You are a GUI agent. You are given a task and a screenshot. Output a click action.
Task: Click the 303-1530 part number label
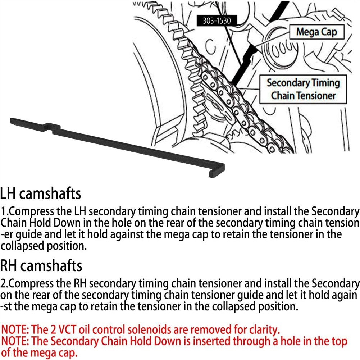point(217,20)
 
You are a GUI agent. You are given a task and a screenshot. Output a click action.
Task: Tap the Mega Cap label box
point(317,32)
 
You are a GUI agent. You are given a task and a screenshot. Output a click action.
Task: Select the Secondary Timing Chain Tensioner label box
point(303,89)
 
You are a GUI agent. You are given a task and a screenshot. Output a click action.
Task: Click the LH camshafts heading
point(40,193)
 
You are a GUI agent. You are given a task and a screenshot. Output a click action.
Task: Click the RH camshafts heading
point(41,265)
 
